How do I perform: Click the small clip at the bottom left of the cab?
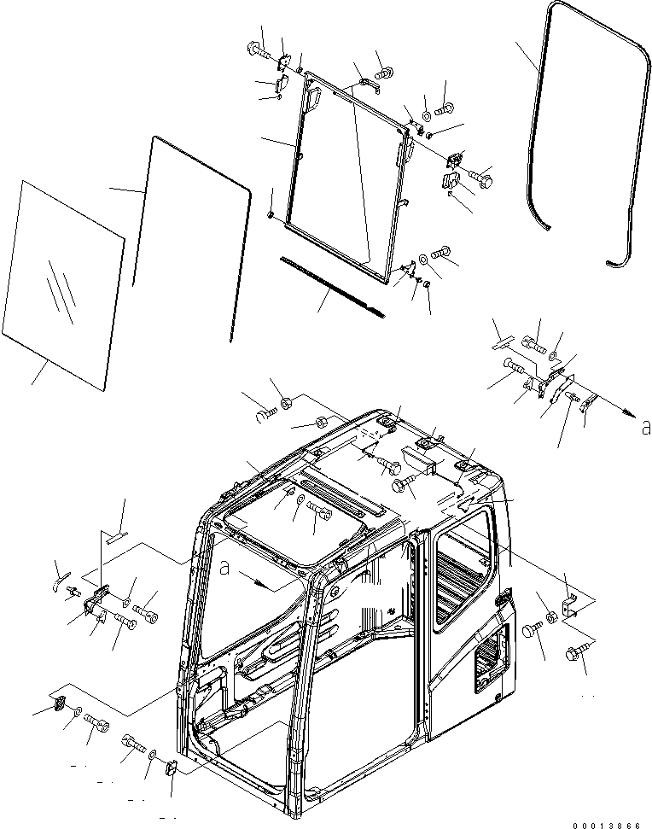point(169,768)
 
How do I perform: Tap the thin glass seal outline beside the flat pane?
point(192,231)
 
